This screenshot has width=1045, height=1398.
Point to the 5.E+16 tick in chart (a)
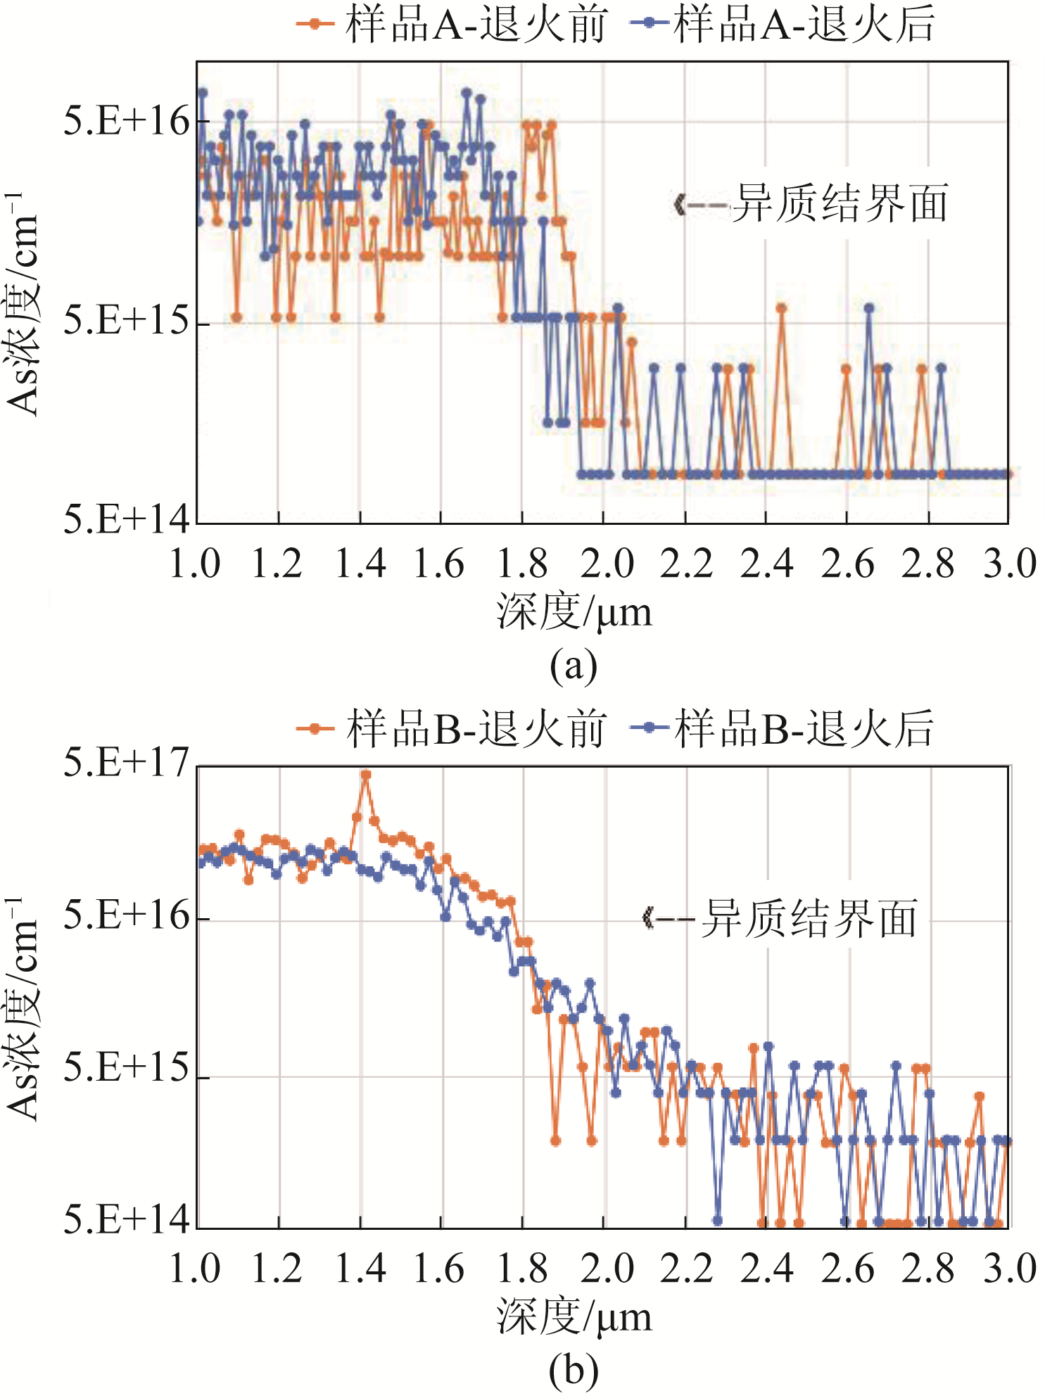coord(127,122)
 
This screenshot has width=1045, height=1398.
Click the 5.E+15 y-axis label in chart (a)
coord(127,322)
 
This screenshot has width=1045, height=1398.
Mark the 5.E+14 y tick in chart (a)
coord(127,521)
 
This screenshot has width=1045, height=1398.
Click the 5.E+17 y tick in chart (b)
coord(127,763)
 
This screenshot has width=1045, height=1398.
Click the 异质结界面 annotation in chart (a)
coord(840,204)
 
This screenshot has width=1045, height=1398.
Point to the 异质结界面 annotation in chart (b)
coord(809,918)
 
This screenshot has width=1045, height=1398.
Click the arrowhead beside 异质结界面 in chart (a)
coord(680,205)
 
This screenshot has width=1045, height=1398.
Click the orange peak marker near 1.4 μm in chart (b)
coord(365,775)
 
